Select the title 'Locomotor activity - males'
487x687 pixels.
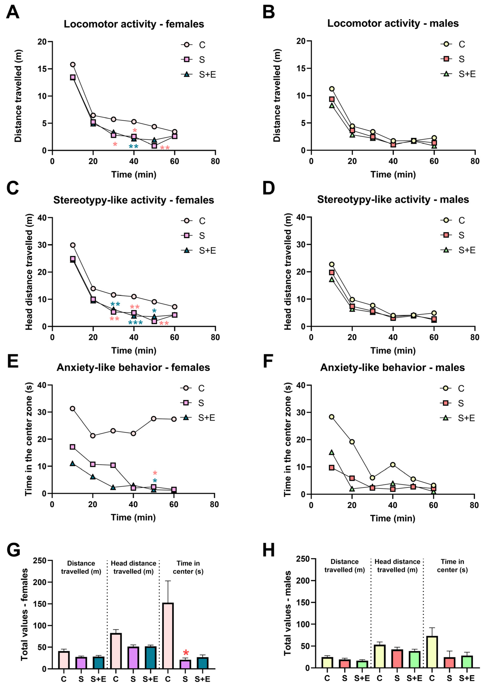(393, 23)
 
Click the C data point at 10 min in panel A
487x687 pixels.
(73, 65)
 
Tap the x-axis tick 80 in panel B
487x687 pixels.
(475, 161)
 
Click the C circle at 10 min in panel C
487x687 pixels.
(73, 245)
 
